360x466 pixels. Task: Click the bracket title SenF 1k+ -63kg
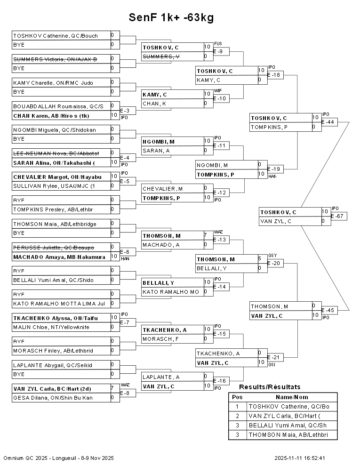(171, 18)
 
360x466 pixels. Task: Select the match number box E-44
(329, 122)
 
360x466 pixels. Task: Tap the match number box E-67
(339, 216)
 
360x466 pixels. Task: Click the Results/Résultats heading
(270, 387)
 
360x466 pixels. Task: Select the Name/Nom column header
(292, 397)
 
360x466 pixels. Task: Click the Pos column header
(237, 397)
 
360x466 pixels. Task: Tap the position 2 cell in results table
(237, 416)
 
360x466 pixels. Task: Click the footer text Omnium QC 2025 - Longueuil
(59, 458)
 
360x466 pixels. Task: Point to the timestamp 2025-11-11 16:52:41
(300, 458)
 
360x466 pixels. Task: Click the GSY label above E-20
(272, 255)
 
